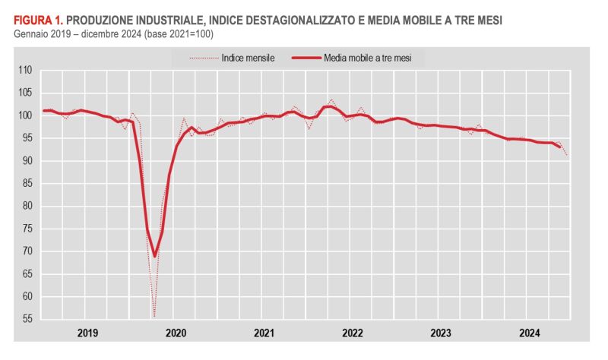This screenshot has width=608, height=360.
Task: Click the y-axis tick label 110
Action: tap(25, 70)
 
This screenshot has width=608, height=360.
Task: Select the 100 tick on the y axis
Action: tap(25, 115)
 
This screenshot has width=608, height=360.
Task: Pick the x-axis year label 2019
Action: tap(87, 333)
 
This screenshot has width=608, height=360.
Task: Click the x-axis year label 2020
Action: tap(176, 333)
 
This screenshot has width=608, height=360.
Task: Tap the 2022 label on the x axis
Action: tap(352, 333)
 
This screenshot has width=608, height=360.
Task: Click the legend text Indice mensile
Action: tap(248, 57)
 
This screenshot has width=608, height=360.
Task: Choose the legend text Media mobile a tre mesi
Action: tap(367, 57)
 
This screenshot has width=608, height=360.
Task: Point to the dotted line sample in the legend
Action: tap(201, 57)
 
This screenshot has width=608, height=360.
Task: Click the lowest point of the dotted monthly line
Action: tap(154, 317)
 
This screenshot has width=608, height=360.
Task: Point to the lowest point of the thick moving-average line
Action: tap(154, 256)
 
